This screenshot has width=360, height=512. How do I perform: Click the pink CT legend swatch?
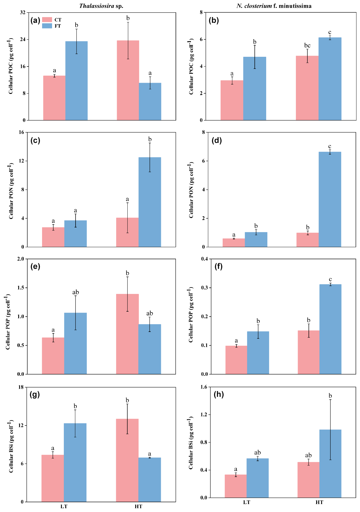point(47,20)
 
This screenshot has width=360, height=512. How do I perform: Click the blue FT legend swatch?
point(47,26)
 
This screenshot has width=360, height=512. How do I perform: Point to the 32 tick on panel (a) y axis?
point(23,12)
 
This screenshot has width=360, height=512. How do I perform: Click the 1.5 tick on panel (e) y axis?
point(21,288)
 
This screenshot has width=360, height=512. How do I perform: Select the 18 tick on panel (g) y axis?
point(21,387)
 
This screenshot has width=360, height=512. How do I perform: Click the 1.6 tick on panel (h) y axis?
point(204,387)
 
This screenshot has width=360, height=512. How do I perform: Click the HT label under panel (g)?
point(139,506)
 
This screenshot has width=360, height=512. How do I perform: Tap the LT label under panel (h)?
point(246,502)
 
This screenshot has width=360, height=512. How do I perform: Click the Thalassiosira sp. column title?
point(101,6)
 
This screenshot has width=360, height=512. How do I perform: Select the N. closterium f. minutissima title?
point(274,6)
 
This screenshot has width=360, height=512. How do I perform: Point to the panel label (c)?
point(35,140)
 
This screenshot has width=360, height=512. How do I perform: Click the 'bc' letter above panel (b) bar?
point(307,45)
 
